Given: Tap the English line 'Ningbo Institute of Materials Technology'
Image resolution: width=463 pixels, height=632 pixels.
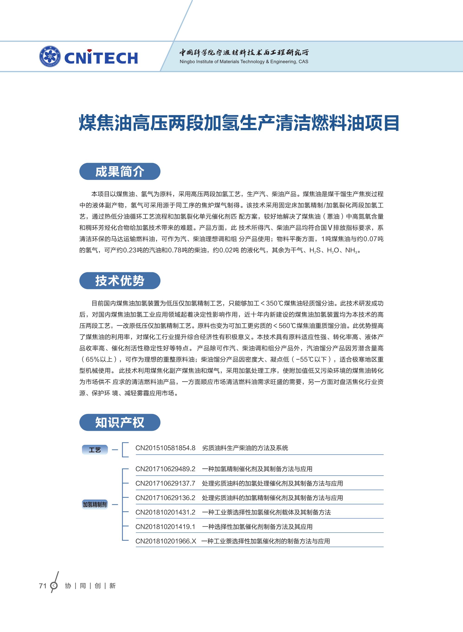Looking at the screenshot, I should [x=244, y=62].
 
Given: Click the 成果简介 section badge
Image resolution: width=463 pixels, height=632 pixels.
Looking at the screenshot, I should [x=120, y=171].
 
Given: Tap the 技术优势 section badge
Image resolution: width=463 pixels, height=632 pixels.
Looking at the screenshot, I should [x=120, y=281].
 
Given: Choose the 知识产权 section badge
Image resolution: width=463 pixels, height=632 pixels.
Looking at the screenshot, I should [x=120, y=422].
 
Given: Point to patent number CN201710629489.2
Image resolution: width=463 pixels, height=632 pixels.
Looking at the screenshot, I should [x=165, y=469].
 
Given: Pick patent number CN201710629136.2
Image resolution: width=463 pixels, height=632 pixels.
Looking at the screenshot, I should [x=165, y=498].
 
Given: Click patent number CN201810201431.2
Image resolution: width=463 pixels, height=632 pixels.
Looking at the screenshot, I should [x=165, y=512].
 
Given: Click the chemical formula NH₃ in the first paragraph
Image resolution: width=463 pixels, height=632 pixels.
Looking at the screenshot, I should [x=351, y=250].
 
